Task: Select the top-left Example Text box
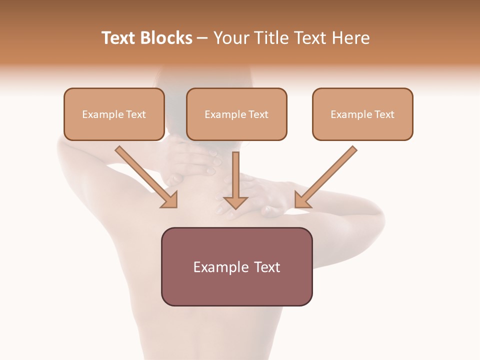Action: [114, 114]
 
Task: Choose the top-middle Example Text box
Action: [236, 114]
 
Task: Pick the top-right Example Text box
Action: [362, 114]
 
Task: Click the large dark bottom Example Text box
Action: [236, 266]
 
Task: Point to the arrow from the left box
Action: [145, 176]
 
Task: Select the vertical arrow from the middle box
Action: [235, 175]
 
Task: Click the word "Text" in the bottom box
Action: [265, 267]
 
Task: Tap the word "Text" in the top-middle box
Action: [258, 114]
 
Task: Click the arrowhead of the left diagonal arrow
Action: [170, 200]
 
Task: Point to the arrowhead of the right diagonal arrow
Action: [301, 200]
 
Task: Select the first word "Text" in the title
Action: [118, 38]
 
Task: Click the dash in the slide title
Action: [202, 38]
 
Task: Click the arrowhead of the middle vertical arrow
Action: [235, 202]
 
